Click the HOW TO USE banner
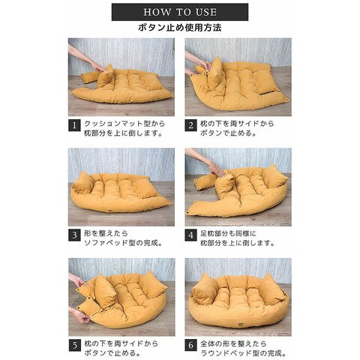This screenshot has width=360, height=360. coord(180,12)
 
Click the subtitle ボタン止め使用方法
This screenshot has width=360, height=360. coord(180,28)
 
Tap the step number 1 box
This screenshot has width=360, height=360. coord(74,125)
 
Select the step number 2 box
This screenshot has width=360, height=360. coord(190,125)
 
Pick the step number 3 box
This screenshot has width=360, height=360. coord(74,235)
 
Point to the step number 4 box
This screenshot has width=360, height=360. coord(190,235)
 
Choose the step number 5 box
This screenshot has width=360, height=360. coord(75,345)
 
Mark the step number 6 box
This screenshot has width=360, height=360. coord(190,345)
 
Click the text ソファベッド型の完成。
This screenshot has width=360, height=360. coord(123,243)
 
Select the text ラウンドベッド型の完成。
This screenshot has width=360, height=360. coord(244,353)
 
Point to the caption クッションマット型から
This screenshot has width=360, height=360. coord(124,124)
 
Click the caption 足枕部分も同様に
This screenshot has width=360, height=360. coord(228,234)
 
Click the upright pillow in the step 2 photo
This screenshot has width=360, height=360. coord(216,74)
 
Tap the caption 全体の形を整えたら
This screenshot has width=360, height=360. coord(233,343)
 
